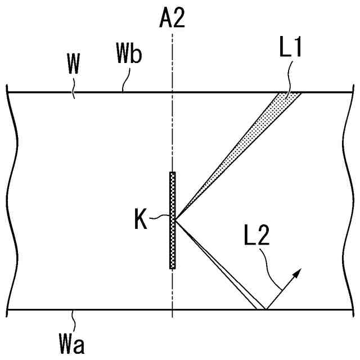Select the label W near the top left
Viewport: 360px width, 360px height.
[x=73, y=66]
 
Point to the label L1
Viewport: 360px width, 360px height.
[x=291, y=47]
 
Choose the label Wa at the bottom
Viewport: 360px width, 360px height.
[x=72, y=341]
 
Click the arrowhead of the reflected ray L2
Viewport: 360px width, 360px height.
[x=298, y=272]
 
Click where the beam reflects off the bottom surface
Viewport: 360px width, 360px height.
[x=264, y=309]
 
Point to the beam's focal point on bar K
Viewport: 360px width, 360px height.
[x=176, y=220]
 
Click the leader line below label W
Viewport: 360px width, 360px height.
[x=72, y=87]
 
